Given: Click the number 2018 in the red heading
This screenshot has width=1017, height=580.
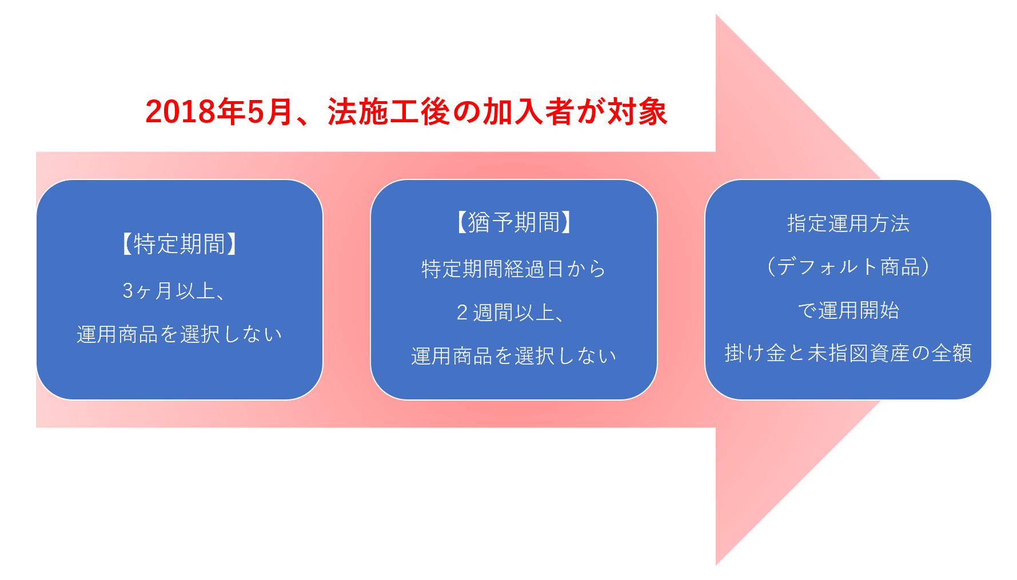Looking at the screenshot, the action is tap(180, 112).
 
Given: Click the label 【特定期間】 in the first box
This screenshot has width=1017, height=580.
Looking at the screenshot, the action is tap(180, 244).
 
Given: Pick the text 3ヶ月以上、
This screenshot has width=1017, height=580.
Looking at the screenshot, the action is tap(174, 291).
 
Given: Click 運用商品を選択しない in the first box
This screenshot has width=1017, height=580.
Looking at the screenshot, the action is tap(180, 334).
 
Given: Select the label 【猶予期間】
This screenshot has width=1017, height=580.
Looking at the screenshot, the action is tap(514, 222).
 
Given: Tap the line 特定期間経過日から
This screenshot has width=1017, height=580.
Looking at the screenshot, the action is tap(514, 269).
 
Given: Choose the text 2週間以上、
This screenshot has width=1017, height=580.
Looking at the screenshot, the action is tap(511, 313).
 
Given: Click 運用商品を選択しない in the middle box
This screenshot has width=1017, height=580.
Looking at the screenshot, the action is tap(514, 356).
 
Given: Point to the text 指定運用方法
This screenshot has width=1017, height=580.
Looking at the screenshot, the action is tap(848, 223).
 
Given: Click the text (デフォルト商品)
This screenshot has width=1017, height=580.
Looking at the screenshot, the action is tap(848, 267).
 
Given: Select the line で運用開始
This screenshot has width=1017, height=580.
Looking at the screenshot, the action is tap(848, 310).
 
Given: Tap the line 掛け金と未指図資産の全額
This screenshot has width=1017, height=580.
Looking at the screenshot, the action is tap(848, 353).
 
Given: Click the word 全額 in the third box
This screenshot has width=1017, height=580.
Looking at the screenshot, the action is tap(952, 353).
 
